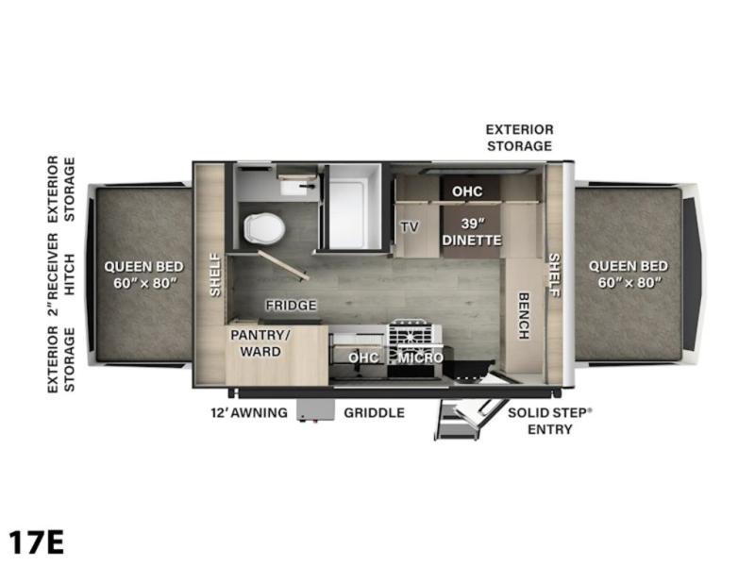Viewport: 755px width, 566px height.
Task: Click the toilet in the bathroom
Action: (x=264, y=227)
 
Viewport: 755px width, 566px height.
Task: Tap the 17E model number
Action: (x=36, y=542)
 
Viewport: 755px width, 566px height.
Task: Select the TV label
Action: (x=410, y=226)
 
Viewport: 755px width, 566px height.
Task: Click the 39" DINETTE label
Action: (x=472, y=231)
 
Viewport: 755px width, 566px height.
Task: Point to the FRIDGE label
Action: (x=292, y=305)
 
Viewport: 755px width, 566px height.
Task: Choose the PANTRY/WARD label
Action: (x=260, y=342)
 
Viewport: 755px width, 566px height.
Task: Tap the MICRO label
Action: (x=420, y=358)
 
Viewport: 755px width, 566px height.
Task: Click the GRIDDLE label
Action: (x=374, y=412)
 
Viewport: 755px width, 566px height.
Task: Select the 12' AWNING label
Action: (x=249, y=412)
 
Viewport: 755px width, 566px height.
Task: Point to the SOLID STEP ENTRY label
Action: (x=550, y=421)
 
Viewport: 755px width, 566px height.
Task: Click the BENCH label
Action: (x=524, y=316)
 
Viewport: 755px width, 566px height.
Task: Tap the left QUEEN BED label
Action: (x=144, y=275)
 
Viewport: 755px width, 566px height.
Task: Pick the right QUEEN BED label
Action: (x=629, y=274)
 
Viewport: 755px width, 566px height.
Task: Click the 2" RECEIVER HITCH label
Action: (x=61, y=275)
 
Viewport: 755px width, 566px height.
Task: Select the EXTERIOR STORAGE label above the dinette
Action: (x=520, y=138)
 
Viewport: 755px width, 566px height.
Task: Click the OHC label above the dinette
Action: (x=467, y=191)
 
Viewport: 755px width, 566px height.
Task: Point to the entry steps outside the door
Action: (x=469, y=419)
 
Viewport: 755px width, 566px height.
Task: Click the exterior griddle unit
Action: (x=316, y=410)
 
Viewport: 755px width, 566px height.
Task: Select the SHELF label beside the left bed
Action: (x=215, y=275)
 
